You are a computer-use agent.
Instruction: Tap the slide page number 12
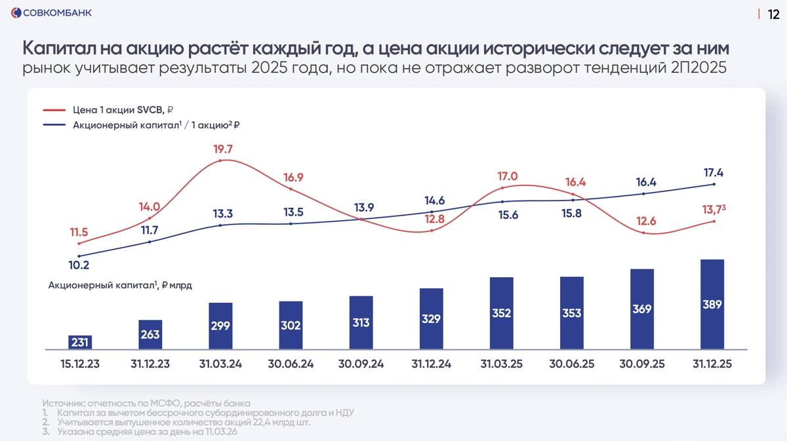coord(774,14)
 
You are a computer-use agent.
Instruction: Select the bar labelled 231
coord(80,342)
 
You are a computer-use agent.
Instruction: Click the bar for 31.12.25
coord(712,304)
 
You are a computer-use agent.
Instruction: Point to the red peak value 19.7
coord(223,149)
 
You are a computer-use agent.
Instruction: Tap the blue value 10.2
coord(79,265)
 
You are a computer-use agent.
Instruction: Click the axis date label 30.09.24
coord(361,364)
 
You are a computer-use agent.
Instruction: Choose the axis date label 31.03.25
coord(502,364)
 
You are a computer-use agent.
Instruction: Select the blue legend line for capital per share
coord(54,125)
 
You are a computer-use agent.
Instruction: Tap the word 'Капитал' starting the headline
coord(59,49)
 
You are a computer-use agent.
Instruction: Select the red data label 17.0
coord(507,176)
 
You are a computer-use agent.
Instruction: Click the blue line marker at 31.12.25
coord(714,184)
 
